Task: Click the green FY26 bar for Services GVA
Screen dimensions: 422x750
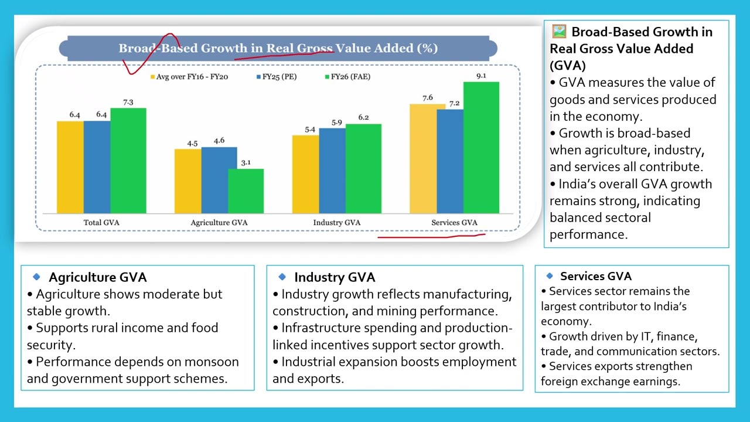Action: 481,148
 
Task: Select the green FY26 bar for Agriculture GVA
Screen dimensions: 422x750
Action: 246,191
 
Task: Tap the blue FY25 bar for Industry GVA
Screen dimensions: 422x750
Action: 332,171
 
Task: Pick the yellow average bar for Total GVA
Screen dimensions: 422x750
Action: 70,168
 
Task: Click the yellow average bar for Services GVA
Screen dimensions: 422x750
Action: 423,159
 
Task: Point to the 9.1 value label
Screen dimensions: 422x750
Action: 481,76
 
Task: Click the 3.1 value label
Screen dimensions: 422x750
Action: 246,162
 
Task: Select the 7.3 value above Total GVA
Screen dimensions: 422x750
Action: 128,102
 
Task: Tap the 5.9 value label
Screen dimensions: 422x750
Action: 336,122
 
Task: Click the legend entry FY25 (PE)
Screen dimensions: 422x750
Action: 279,77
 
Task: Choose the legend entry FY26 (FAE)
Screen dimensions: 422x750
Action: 350,77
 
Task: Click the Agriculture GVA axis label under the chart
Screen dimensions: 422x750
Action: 219,223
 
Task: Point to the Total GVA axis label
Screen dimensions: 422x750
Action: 101,223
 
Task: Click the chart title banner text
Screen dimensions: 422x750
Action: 278,48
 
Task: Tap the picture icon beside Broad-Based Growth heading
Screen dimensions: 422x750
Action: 559,32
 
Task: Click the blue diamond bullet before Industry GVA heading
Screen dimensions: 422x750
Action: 282,277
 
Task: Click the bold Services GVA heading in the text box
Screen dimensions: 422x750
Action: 595,276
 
